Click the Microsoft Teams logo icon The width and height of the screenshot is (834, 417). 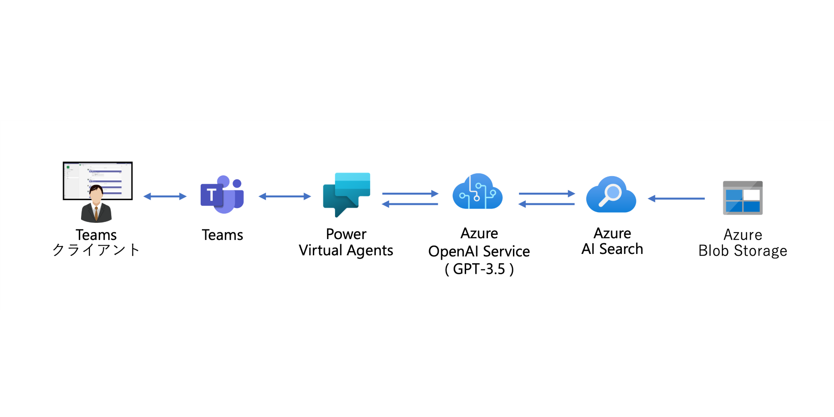pos(222,195)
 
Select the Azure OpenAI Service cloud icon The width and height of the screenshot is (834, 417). pos(477,192)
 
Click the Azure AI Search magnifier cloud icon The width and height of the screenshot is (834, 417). pos(611,195)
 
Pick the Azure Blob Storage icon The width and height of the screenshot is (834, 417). pos(743,198)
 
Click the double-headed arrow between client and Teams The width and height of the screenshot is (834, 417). pos(165,196)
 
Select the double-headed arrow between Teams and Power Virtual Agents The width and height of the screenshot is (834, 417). pos(284,196)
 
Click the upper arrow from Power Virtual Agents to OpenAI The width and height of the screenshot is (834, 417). pos(410,193)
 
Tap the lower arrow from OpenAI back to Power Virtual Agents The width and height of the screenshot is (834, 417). pos(410,204)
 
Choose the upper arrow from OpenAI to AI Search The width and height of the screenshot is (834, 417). pos(547,193)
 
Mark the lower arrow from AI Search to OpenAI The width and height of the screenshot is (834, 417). pos(547,204)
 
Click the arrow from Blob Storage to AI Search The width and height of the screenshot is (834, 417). pos(676,198)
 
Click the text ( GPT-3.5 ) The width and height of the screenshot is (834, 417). pos(479,269)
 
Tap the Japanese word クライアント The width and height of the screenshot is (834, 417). pos(96,250)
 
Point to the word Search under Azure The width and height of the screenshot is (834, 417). pos(621,249)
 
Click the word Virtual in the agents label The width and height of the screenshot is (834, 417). pos(320,250)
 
